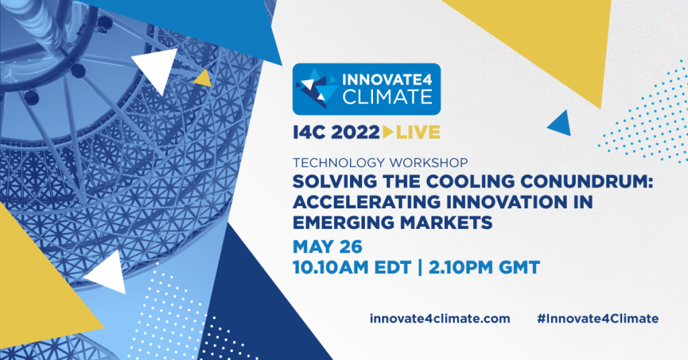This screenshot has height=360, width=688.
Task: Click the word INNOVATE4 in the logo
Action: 388,80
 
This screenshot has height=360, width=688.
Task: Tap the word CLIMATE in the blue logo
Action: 388,97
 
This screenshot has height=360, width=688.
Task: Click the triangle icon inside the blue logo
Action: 316,85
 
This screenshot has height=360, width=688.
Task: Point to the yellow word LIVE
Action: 418,132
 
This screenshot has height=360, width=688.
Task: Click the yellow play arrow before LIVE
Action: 388,132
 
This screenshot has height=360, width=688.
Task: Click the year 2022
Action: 355,132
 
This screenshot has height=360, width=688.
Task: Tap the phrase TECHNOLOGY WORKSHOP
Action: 380,163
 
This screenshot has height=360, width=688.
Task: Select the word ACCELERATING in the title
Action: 366,202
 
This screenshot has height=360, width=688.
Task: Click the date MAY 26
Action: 327,247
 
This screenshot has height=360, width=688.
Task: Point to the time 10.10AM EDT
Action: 352,267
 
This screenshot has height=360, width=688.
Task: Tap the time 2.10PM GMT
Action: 484,267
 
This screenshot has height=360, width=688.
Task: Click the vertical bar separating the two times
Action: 420,267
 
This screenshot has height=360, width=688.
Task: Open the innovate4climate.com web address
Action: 439,318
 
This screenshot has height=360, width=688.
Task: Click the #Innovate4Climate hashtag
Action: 597,318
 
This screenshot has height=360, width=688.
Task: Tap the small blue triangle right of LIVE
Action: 561,124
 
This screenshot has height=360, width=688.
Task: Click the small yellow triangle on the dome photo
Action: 203,79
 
